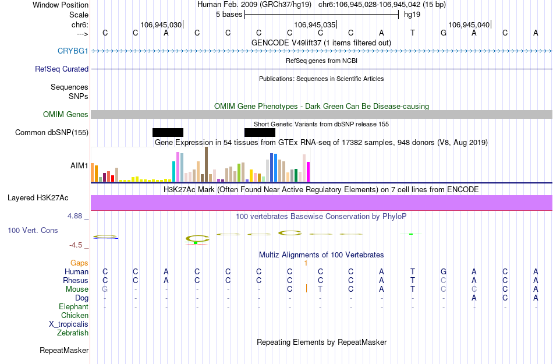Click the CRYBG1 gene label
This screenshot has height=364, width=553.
tap(73, 51)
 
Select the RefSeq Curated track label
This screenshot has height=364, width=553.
tap(62, 69)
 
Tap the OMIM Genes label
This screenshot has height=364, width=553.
tap(65, 115)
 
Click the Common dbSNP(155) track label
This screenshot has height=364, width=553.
tap(52, 133)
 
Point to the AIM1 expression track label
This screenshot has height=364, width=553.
tap(79, 165)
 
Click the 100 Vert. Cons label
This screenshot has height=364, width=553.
tap(33, 231)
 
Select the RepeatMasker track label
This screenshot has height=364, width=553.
tap(64, 351)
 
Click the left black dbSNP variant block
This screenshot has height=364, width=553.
tap(168, 132)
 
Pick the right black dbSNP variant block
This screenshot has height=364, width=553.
tap(260, 132)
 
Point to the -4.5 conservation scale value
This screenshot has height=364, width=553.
tap(79, 245)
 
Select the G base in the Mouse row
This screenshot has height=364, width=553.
tap(105, 289)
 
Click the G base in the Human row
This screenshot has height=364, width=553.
tap(444, 272)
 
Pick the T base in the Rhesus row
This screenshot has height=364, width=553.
tap(413, 281)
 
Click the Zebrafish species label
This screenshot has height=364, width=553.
tap(73, 333)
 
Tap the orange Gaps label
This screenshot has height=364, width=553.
tap(79, 263)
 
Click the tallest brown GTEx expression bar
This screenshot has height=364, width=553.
tap(206, 164)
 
